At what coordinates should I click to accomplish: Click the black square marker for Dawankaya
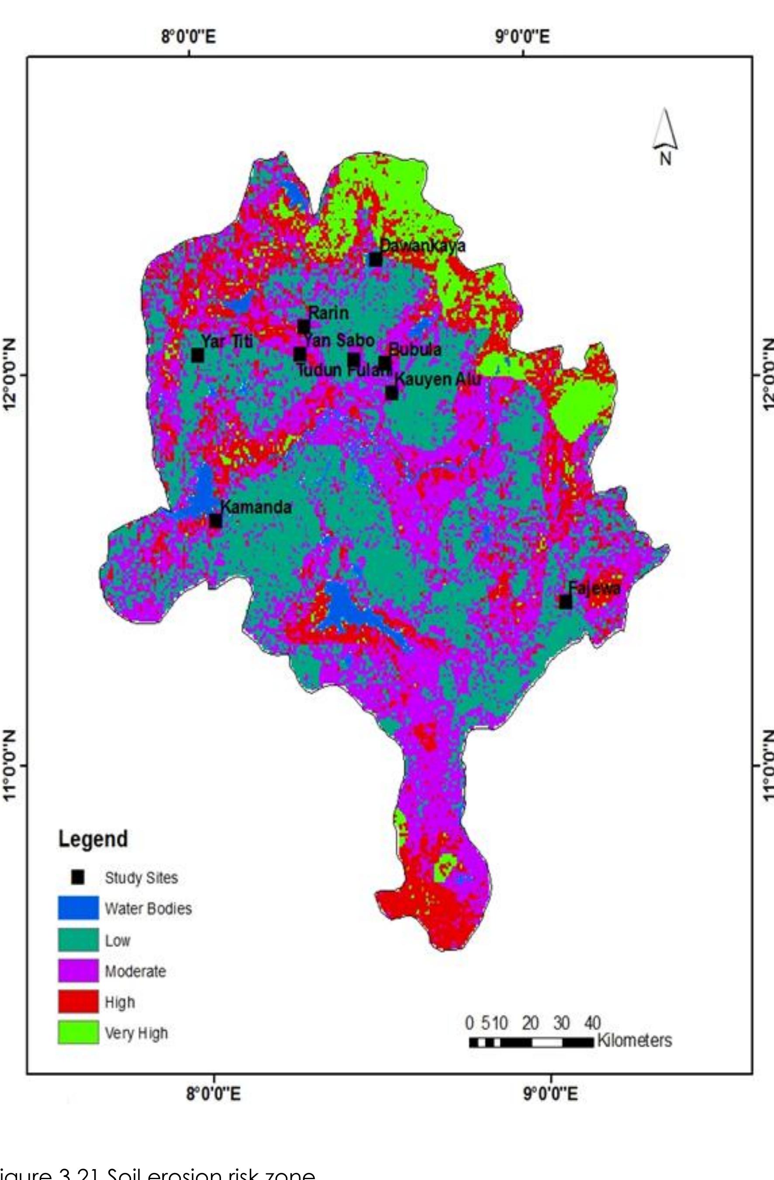[375, 260]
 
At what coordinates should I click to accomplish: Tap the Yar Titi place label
[227, 341]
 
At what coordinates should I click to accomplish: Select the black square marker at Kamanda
[216, 521]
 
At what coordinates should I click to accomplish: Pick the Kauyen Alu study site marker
[392, 393]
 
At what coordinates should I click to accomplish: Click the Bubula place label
[415, 350]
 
